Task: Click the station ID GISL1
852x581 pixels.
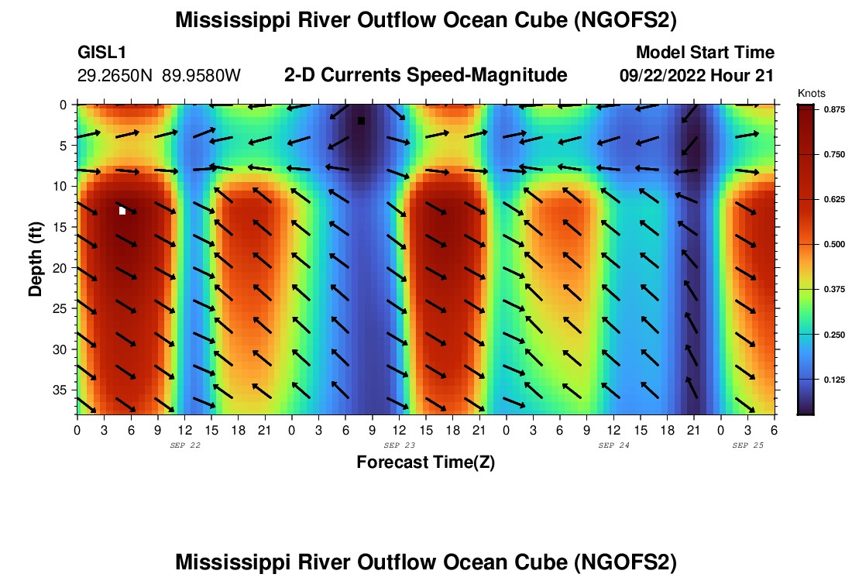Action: (x=102, y=53)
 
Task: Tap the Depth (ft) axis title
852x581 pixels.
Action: (x=36, y=258)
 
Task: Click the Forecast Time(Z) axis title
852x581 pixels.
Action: (x=425, y=462)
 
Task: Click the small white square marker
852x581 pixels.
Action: (x=122, y=211)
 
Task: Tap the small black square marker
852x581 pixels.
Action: (x=361, y=121)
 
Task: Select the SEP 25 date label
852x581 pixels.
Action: (x=747, y=445)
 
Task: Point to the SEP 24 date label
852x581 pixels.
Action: (x=613, y=445)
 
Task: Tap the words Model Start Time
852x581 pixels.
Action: (x=705, y=53)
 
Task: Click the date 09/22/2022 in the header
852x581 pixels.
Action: (x=665, y=76)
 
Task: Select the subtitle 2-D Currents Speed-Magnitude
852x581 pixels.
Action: (x=426, y=75)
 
